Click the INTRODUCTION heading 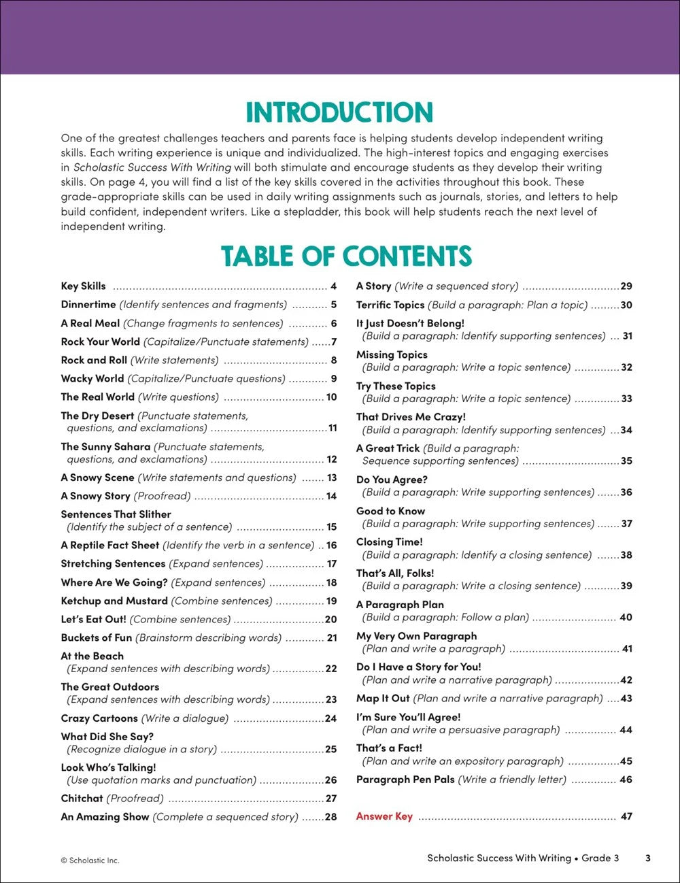pyautogui.click(x=339, y=113)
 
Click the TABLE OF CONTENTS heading pyautogui.click(x=346, y=256)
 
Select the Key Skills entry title pyautogui.click(x=83, y=286)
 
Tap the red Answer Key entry pyautogui.click(x=384, y=816)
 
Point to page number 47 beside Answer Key pyautogui.click(x=626, y=816)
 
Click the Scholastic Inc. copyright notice pyautogui.click(x=90, y=861)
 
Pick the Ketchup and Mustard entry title pyautogui.click(x=114, y=601)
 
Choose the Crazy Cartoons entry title pyautogui.click(x=99, y=718)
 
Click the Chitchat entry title pyautogui.click(x=82, y=799)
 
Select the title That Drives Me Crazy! pyautogui.click(x=411, y=417)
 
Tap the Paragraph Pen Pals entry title pyautogui.click(x=405, y=780)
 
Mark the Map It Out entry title pyautogui.click(x=383, y=699)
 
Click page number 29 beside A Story pyautogui.click(x=626, y=286)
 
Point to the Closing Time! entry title pyautogui.click(x=390, y=542)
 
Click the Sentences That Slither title pyautogui.click(x=116, y=515)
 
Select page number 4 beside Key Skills pyautogui.click(x=334, y=286)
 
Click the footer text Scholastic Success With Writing pyautogui.click(x=499, y=858)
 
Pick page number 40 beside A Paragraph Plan pyautogui.click(x=626, y=618)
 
